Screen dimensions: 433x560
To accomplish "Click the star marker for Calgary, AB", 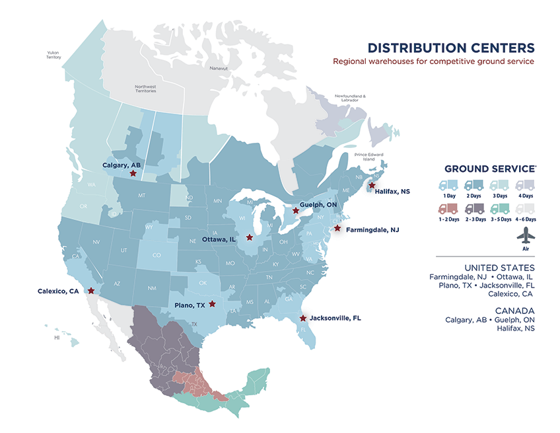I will [133, 173].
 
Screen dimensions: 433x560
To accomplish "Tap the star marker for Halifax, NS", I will [372, 186].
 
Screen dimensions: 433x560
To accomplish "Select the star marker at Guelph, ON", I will [295, 211].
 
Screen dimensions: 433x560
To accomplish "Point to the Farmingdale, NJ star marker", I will [337, 229].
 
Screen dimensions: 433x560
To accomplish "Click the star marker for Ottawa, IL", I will [249, 237].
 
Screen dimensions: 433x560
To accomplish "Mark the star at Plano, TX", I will [212, 304].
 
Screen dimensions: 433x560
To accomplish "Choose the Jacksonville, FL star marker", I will [302, 318].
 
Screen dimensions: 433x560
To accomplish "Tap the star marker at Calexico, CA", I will [91, 290].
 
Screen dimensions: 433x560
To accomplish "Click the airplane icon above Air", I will [525, 235].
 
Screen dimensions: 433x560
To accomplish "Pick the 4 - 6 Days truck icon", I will [525, 208].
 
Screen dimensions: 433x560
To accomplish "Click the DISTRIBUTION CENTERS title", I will [450, 48].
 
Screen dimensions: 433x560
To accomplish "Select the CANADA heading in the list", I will [514, 311].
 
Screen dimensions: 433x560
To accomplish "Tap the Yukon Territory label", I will [53, 55].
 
